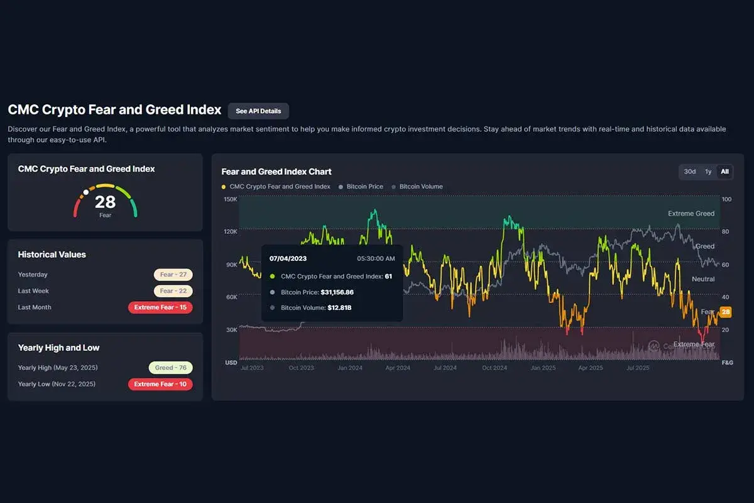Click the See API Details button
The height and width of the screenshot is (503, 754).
point(258,111)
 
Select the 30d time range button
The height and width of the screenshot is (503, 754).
point(689,172)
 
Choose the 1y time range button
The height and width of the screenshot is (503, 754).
point(708,172)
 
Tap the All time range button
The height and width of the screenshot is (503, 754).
point(724,172)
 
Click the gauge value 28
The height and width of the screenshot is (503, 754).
point(105,202)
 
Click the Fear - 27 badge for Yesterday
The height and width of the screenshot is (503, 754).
point(173,275)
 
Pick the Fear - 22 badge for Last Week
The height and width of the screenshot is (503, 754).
point(173,291)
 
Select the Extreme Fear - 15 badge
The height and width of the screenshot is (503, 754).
point(160,307)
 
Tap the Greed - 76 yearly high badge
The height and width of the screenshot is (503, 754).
point(170,368)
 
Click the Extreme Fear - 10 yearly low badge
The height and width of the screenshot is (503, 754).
point(160,384)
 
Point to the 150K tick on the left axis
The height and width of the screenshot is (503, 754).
point(231,199)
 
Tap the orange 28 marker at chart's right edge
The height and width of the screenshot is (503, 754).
point(726,312)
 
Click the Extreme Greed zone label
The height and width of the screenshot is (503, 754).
point(691,214)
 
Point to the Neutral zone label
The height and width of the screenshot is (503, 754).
point(702,279)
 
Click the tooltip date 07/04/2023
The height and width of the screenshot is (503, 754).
point(288,258)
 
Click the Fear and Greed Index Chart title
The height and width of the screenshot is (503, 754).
point(276,172)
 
